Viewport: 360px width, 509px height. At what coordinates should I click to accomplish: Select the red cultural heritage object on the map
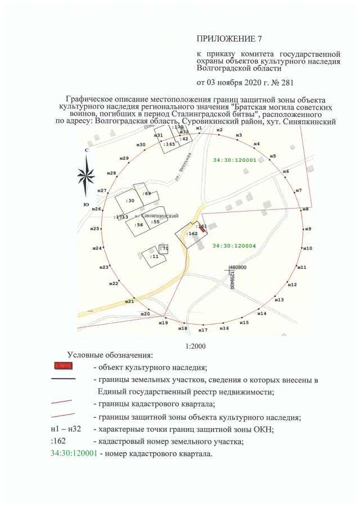(x=203, y=231)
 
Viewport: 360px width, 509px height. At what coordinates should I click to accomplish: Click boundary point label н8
(x=305, y=209)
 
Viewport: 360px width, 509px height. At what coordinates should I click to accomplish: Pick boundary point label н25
(x=96, y=229)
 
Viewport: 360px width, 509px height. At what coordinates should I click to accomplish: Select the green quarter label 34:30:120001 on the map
(x=235, y=160)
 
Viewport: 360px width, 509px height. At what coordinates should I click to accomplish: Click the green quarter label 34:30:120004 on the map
(x=235, y=246)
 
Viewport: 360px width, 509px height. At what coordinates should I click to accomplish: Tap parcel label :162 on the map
(x=192, y=233)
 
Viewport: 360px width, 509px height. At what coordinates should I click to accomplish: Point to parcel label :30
(x=130, y=201)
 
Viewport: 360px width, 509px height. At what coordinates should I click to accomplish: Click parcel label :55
(x=155, y=222)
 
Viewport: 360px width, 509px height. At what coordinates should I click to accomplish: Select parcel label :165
(x=169, y=145)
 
